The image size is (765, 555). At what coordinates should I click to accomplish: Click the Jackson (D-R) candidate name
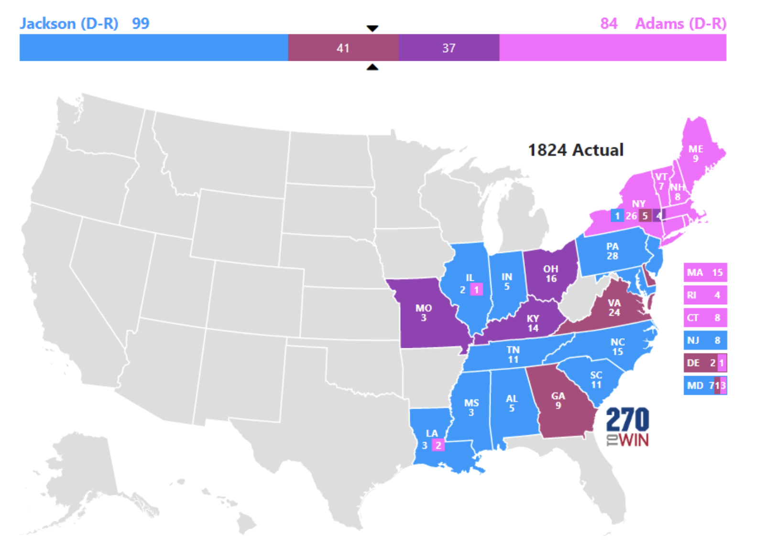(x=69, y=23)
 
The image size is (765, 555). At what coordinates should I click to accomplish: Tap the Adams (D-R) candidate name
(x=680, y=23)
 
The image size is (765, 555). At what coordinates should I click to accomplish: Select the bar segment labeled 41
(x=343, y=48)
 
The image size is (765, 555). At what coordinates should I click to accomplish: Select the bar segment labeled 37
(x=448, y=48)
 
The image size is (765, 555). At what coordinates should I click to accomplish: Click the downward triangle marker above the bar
(x=372, y=29)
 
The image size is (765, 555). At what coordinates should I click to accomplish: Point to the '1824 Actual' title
(x=576, y=150)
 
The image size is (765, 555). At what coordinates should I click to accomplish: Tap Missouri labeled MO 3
(x=424, y=313)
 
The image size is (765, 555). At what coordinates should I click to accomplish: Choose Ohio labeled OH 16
(x=551, y=274)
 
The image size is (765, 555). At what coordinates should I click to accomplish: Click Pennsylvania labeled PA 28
(x=612, y=251)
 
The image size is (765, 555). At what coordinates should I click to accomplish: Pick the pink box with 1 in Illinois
(x=476, y=289)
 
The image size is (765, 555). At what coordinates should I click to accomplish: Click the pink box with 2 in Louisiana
(x=438, y=445)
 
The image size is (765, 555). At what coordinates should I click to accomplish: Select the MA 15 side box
(x=705, y=273)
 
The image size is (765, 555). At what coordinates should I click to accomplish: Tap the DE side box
(x=705, y=363)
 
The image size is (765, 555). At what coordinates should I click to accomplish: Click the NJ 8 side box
(x=705, y=340)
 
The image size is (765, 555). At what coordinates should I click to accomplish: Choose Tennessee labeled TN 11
(x=513, y=355)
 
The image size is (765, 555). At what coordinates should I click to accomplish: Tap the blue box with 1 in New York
(x=617, y=216)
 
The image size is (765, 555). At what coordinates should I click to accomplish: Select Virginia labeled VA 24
(x=614, y=308)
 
